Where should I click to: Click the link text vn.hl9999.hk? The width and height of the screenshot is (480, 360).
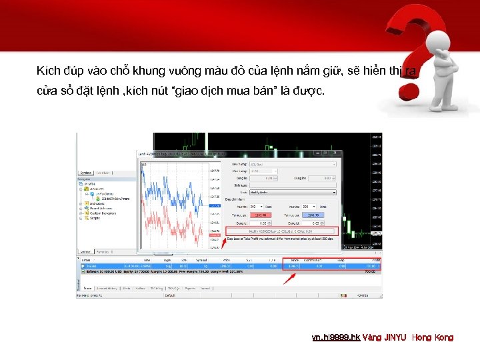tap(336, 337)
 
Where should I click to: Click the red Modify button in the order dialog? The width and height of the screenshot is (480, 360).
tap(282, 231)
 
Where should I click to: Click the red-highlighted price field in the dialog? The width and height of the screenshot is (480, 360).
tap(260, 215)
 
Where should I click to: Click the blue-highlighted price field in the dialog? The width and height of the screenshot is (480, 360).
tap(311, 215)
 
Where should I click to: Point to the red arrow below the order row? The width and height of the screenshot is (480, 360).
tap(289, 277)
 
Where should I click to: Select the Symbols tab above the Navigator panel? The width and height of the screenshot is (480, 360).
tap(86, 173)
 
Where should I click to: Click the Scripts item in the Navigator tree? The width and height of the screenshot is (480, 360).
tap(95, 219)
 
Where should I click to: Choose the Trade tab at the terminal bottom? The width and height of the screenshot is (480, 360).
tap(88, 288)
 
